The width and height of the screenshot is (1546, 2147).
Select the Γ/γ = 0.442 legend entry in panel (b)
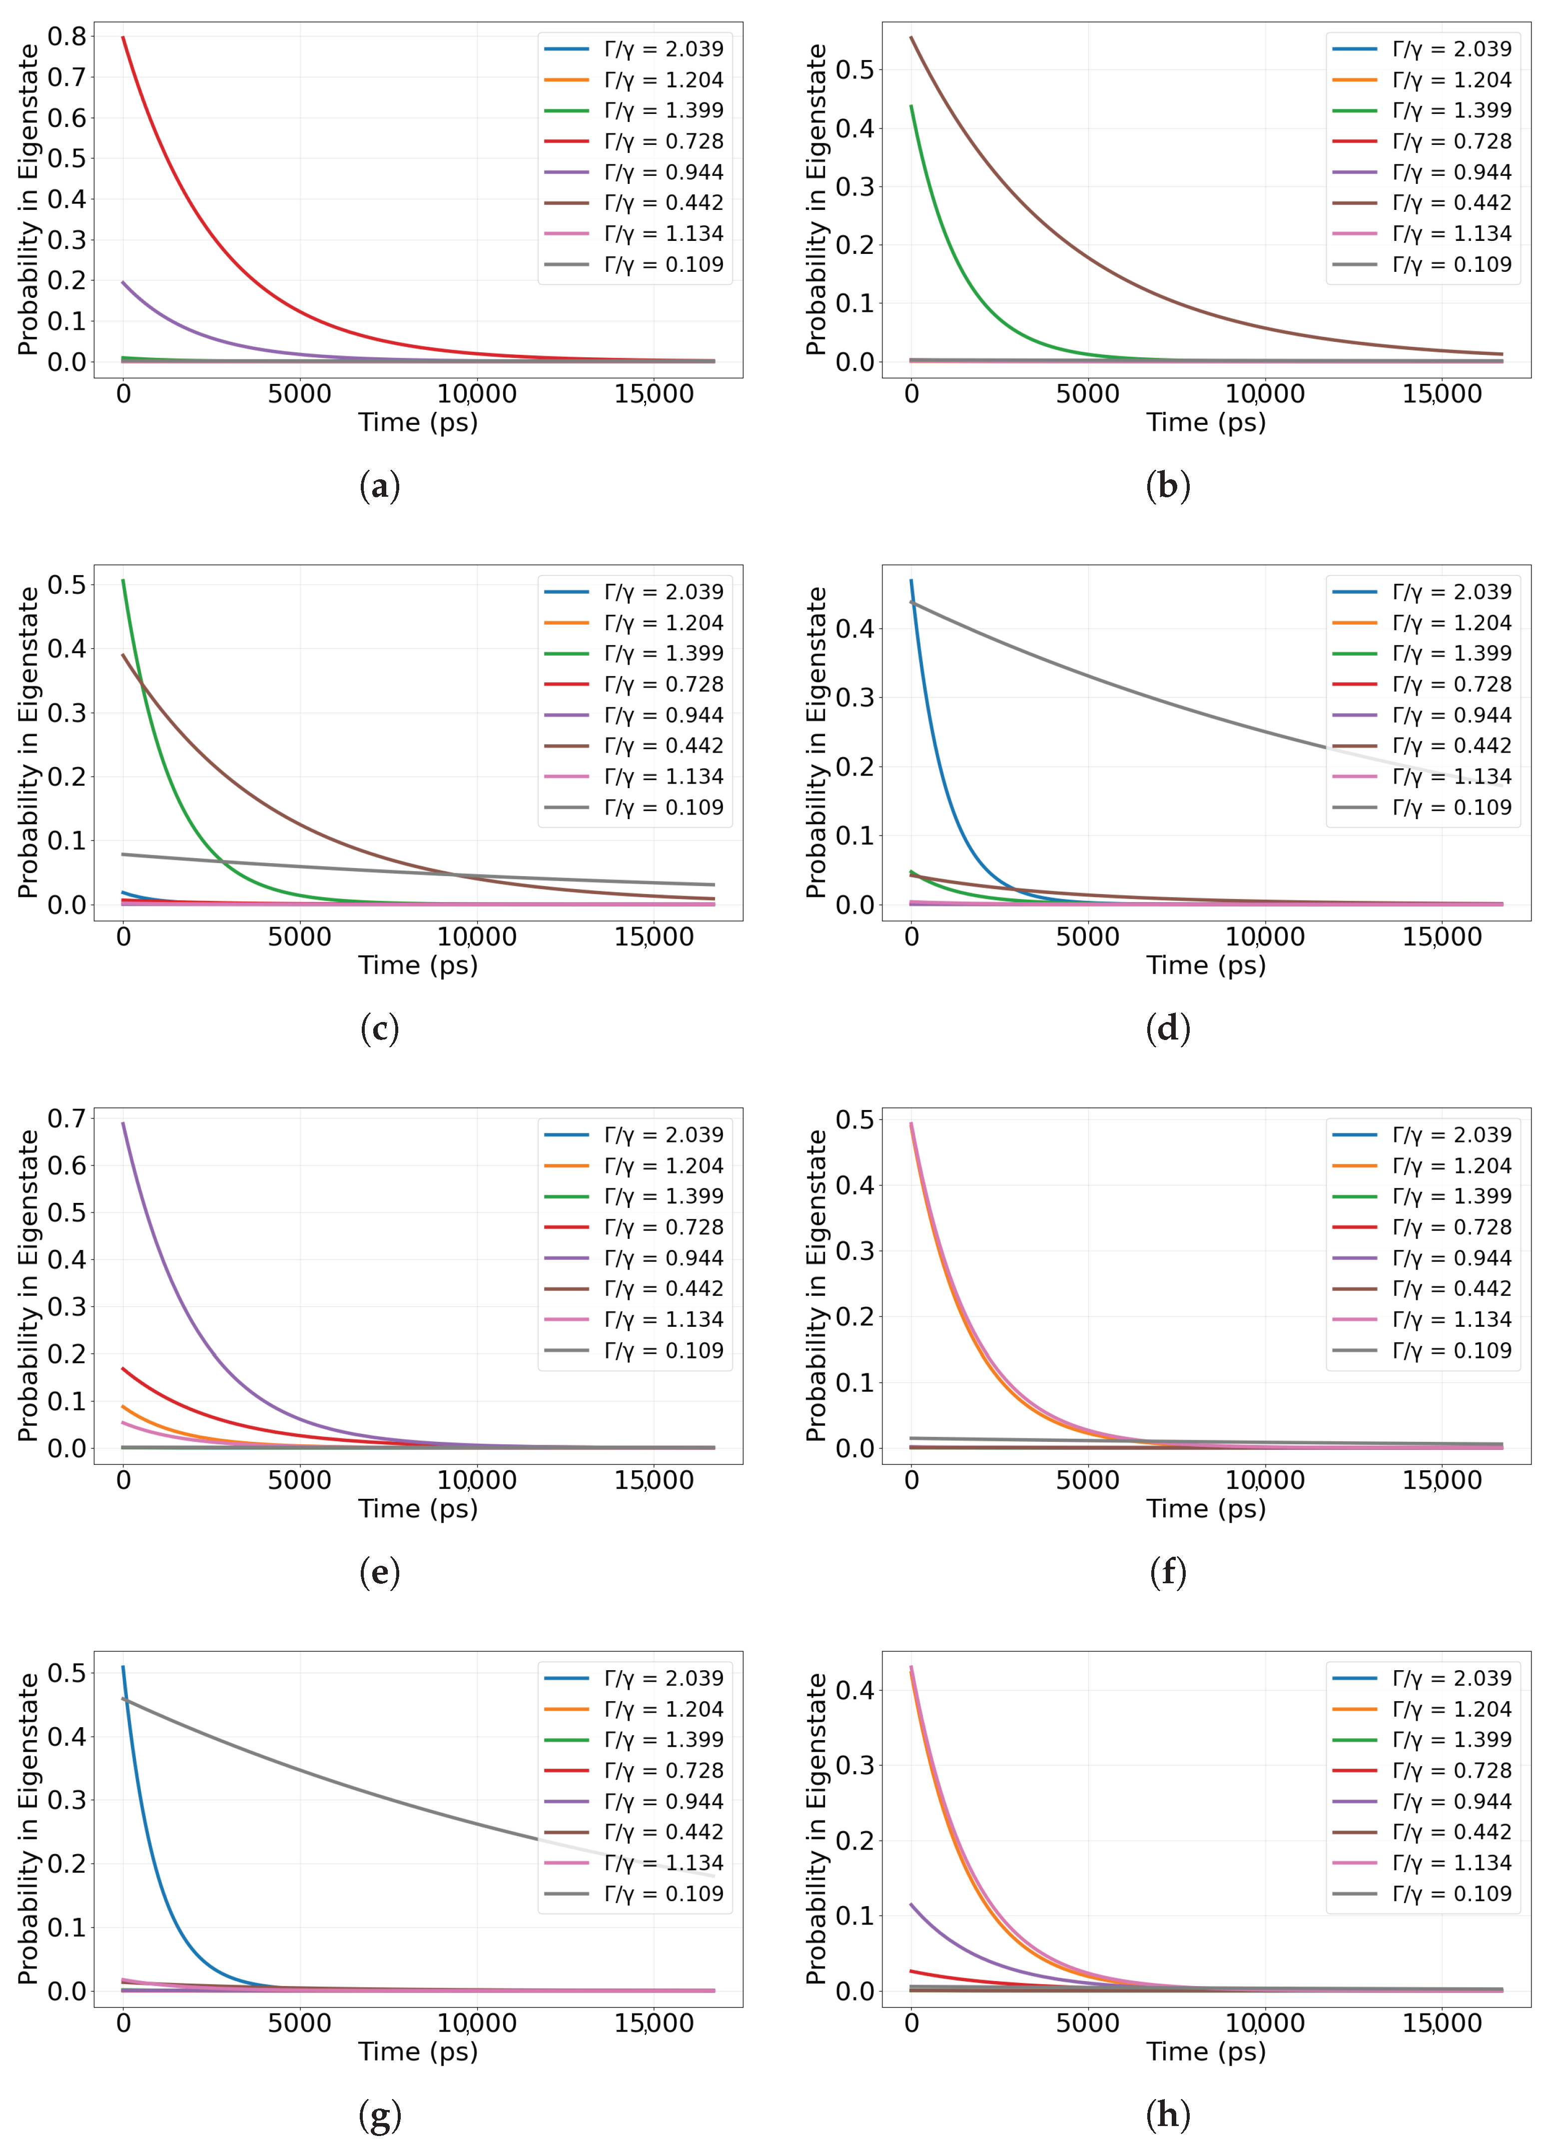pos(1421,202)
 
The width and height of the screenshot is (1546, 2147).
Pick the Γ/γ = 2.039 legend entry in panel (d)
pos(1421,592)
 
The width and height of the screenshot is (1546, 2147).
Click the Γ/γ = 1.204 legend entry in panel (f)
pos(1421,1165)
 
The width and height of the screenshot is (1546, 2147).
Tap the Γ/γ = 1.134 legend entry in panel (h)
pos(1421,1862)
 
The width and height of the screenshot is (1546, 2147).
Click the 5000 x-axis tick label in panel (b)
pos(1088,394)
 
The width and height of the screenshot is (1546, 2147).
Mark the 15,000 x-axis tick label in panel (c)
pos(654,937)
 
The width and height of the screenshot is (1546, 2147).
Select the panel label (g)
pos(380,2115)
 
